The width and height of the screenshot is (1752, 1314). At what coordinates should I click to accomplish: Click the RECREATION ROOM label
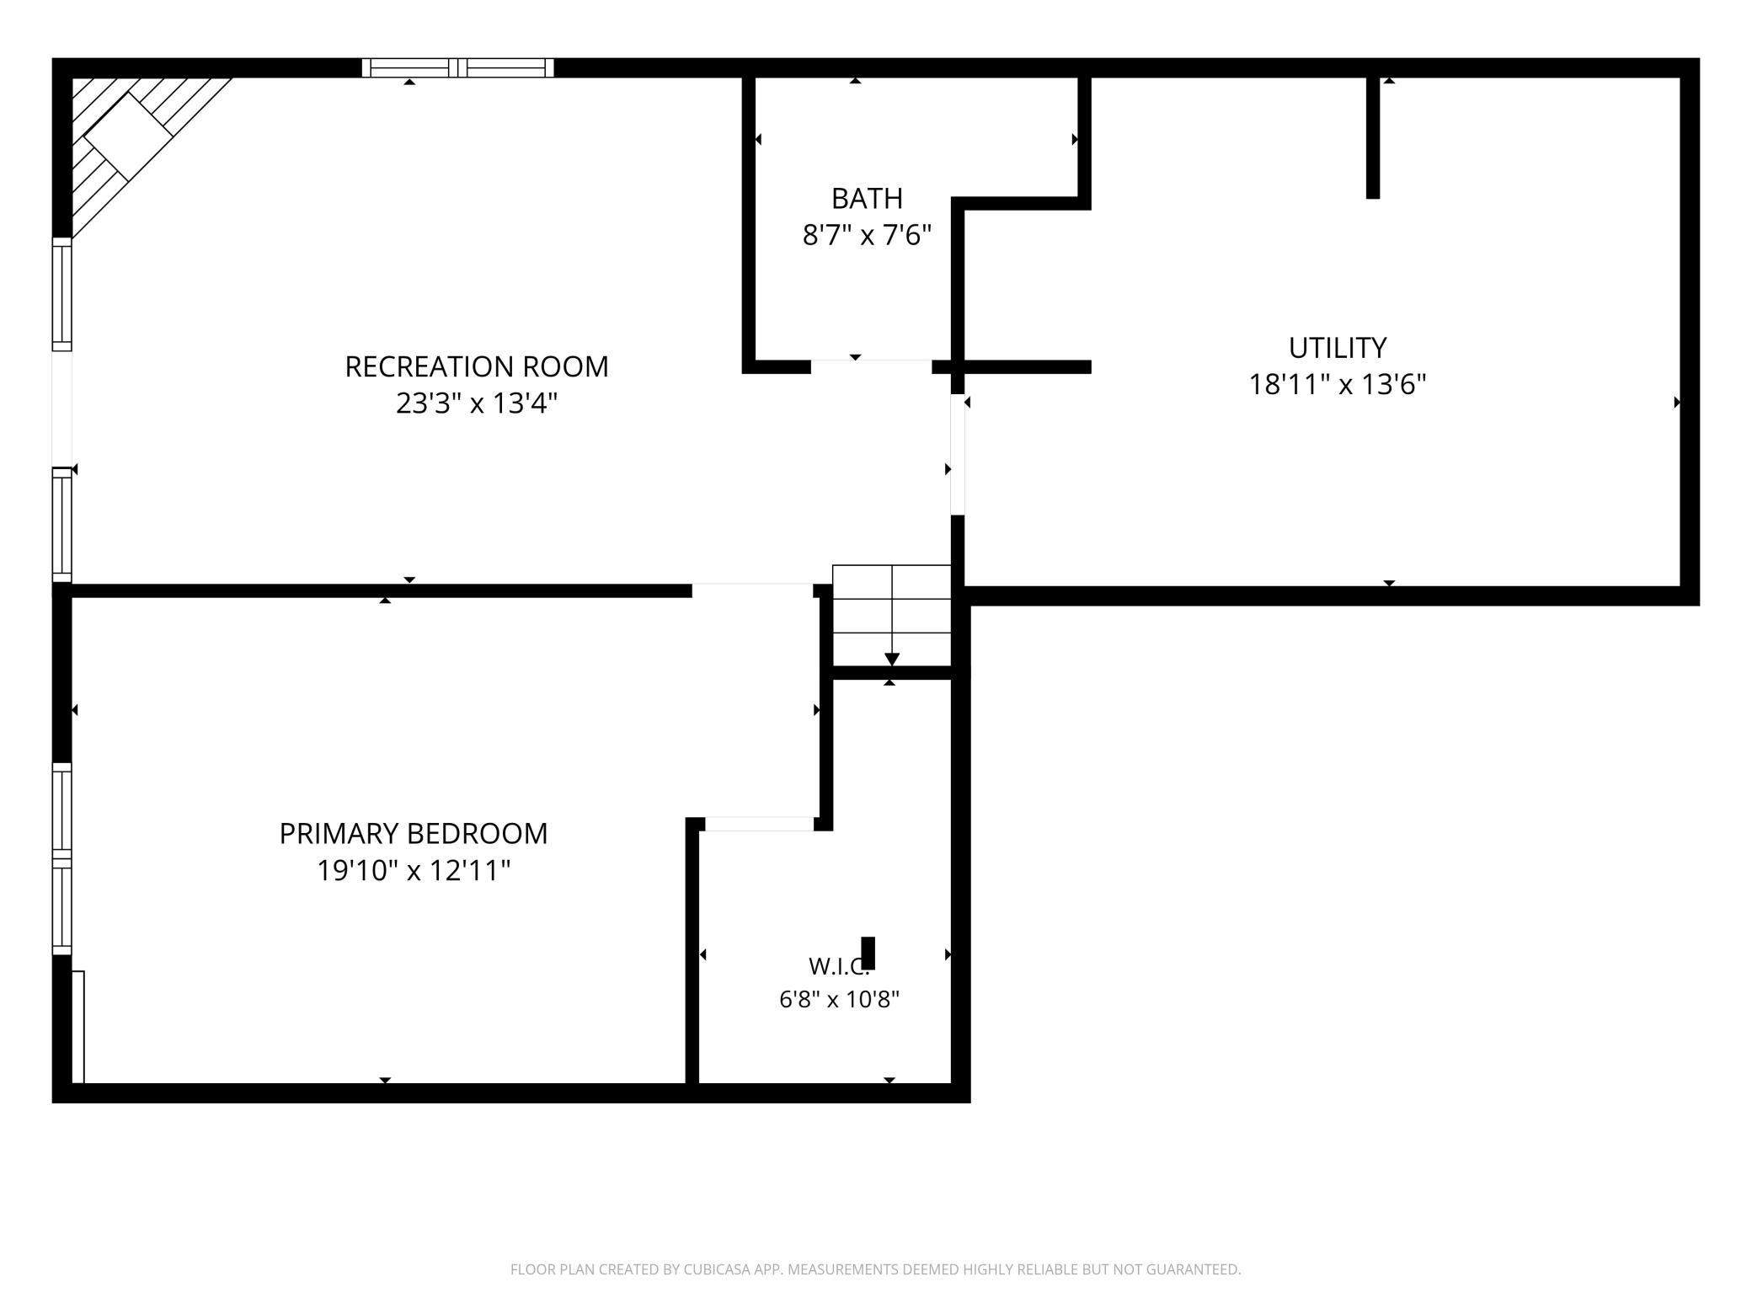click(x=476, y=366)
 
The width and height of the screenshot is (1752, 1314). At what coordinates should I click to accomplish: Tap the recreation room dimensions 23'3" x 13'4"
click(x=477, y=403)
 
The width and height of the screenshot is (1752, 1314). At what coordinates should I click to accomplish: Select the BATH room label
click(x=867, y=198)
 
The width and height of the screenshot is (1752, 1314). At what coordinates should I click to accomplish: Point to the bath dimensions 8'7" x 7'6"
click(x=867, y=235)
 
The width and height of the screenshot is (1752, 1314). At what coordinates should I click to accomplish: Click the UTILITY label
click(x=1337, y=347)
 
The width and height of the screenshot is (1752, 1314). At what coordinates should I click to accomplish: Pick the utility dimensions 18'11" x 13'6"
click(x=1337, y=384)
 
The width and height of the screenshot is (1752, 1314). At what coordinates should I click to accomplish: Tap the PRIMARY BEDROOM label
click(x=414, y=833)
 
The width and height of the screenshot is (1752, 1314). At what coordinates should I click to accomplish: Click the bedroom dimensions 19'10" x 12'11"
click(x=414, y=870)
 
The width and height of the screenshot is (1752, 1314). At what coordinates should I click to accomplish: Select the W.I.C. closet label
click(x=838, y=965)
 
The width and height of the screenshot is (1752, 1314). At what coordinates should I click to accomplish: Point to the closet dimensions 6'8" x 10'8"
click(x=839, y=1000)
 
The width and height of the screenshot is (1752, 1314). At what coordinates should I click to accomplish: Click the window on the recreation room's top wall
click(x=458, y=68)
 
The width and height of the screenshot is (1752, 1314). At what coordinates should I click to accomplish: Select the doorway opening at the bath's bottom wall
click(x=871, y=366)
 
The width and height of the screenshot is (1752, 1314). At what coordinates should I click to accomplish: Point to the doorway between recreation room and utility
click(x=958, y=455)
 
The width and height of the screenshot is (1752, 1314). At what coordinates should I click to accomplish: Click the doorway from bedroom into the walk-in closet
click(x=760, y=824)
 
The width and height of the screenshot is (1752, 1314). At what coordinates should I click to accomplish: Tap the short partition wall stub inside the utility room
click(x=1373, y=138)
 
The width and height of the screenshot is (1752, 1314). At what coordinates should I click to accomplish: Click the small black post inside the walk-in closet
click(x=868, y=953)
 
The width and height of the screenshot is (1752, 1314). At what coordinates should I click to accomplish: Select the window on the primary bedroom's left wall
click(x=62, y=858)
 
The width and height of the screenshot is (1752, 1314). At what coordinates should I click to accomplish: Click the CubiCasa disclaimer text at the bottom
click(x=876, y=1269)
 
